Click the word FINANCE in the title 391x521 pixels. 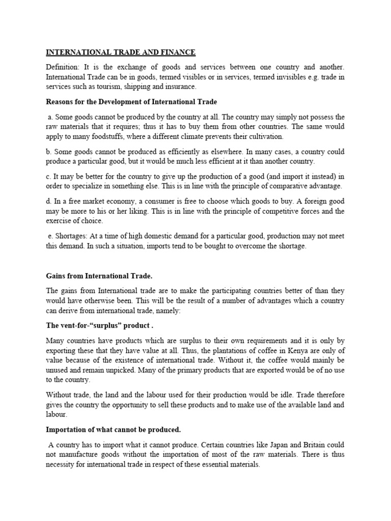point(178,52)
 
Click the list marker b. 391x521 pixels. point(49,152)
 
